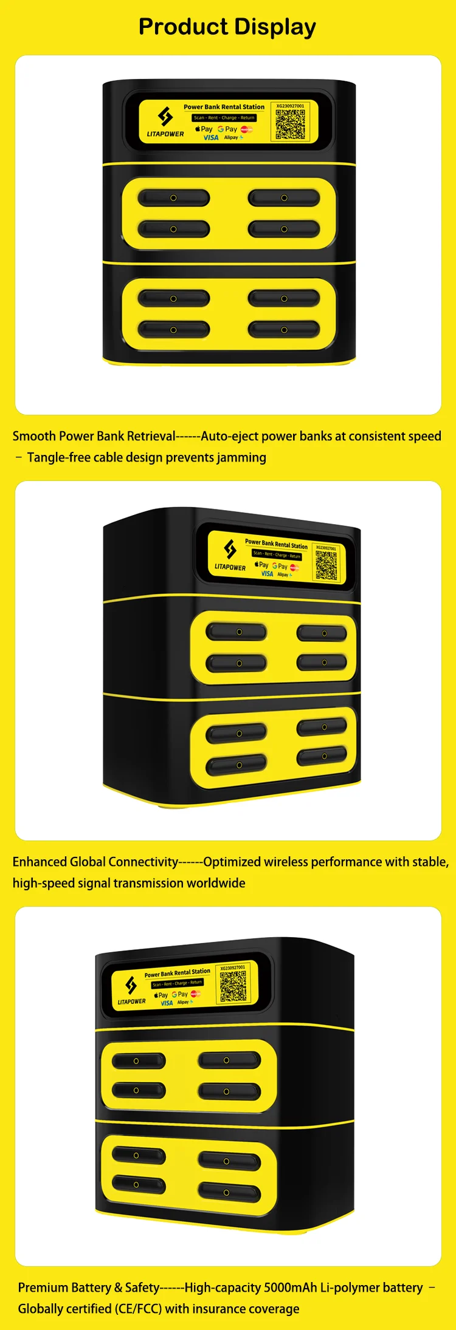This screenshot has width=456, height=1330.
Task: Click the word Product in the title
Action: (x=183, y=27)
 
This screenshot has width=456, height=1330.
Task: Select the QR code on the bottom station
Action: (x=233, y=986)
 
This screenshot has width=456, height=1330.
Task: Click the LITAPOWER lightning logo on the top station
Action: (x=165, y=116)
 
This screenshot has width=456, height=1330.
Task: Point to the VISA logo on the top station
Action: (x=211, y=138)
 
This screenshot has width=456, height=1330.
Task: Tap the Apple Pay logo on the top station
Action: (x=204, y=129)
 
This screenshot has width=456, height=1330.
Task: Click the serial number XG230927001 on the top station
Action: (x=290, y=106)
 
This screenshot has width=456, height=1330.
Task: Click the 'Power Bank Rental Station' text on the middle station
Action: (x=276, y=544)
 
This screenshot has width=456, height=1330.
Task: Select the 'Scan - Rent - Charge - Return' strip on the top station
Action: (x=224, y=118)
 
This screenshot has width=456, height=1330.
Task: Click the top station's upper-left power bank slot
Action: (x=173, y=198)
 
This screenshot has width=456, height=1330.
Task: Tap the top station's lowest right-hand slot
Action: (x=284, y=330)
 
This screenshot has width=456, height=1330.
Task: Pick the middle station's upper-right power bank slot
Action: (x=322, y=633)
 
